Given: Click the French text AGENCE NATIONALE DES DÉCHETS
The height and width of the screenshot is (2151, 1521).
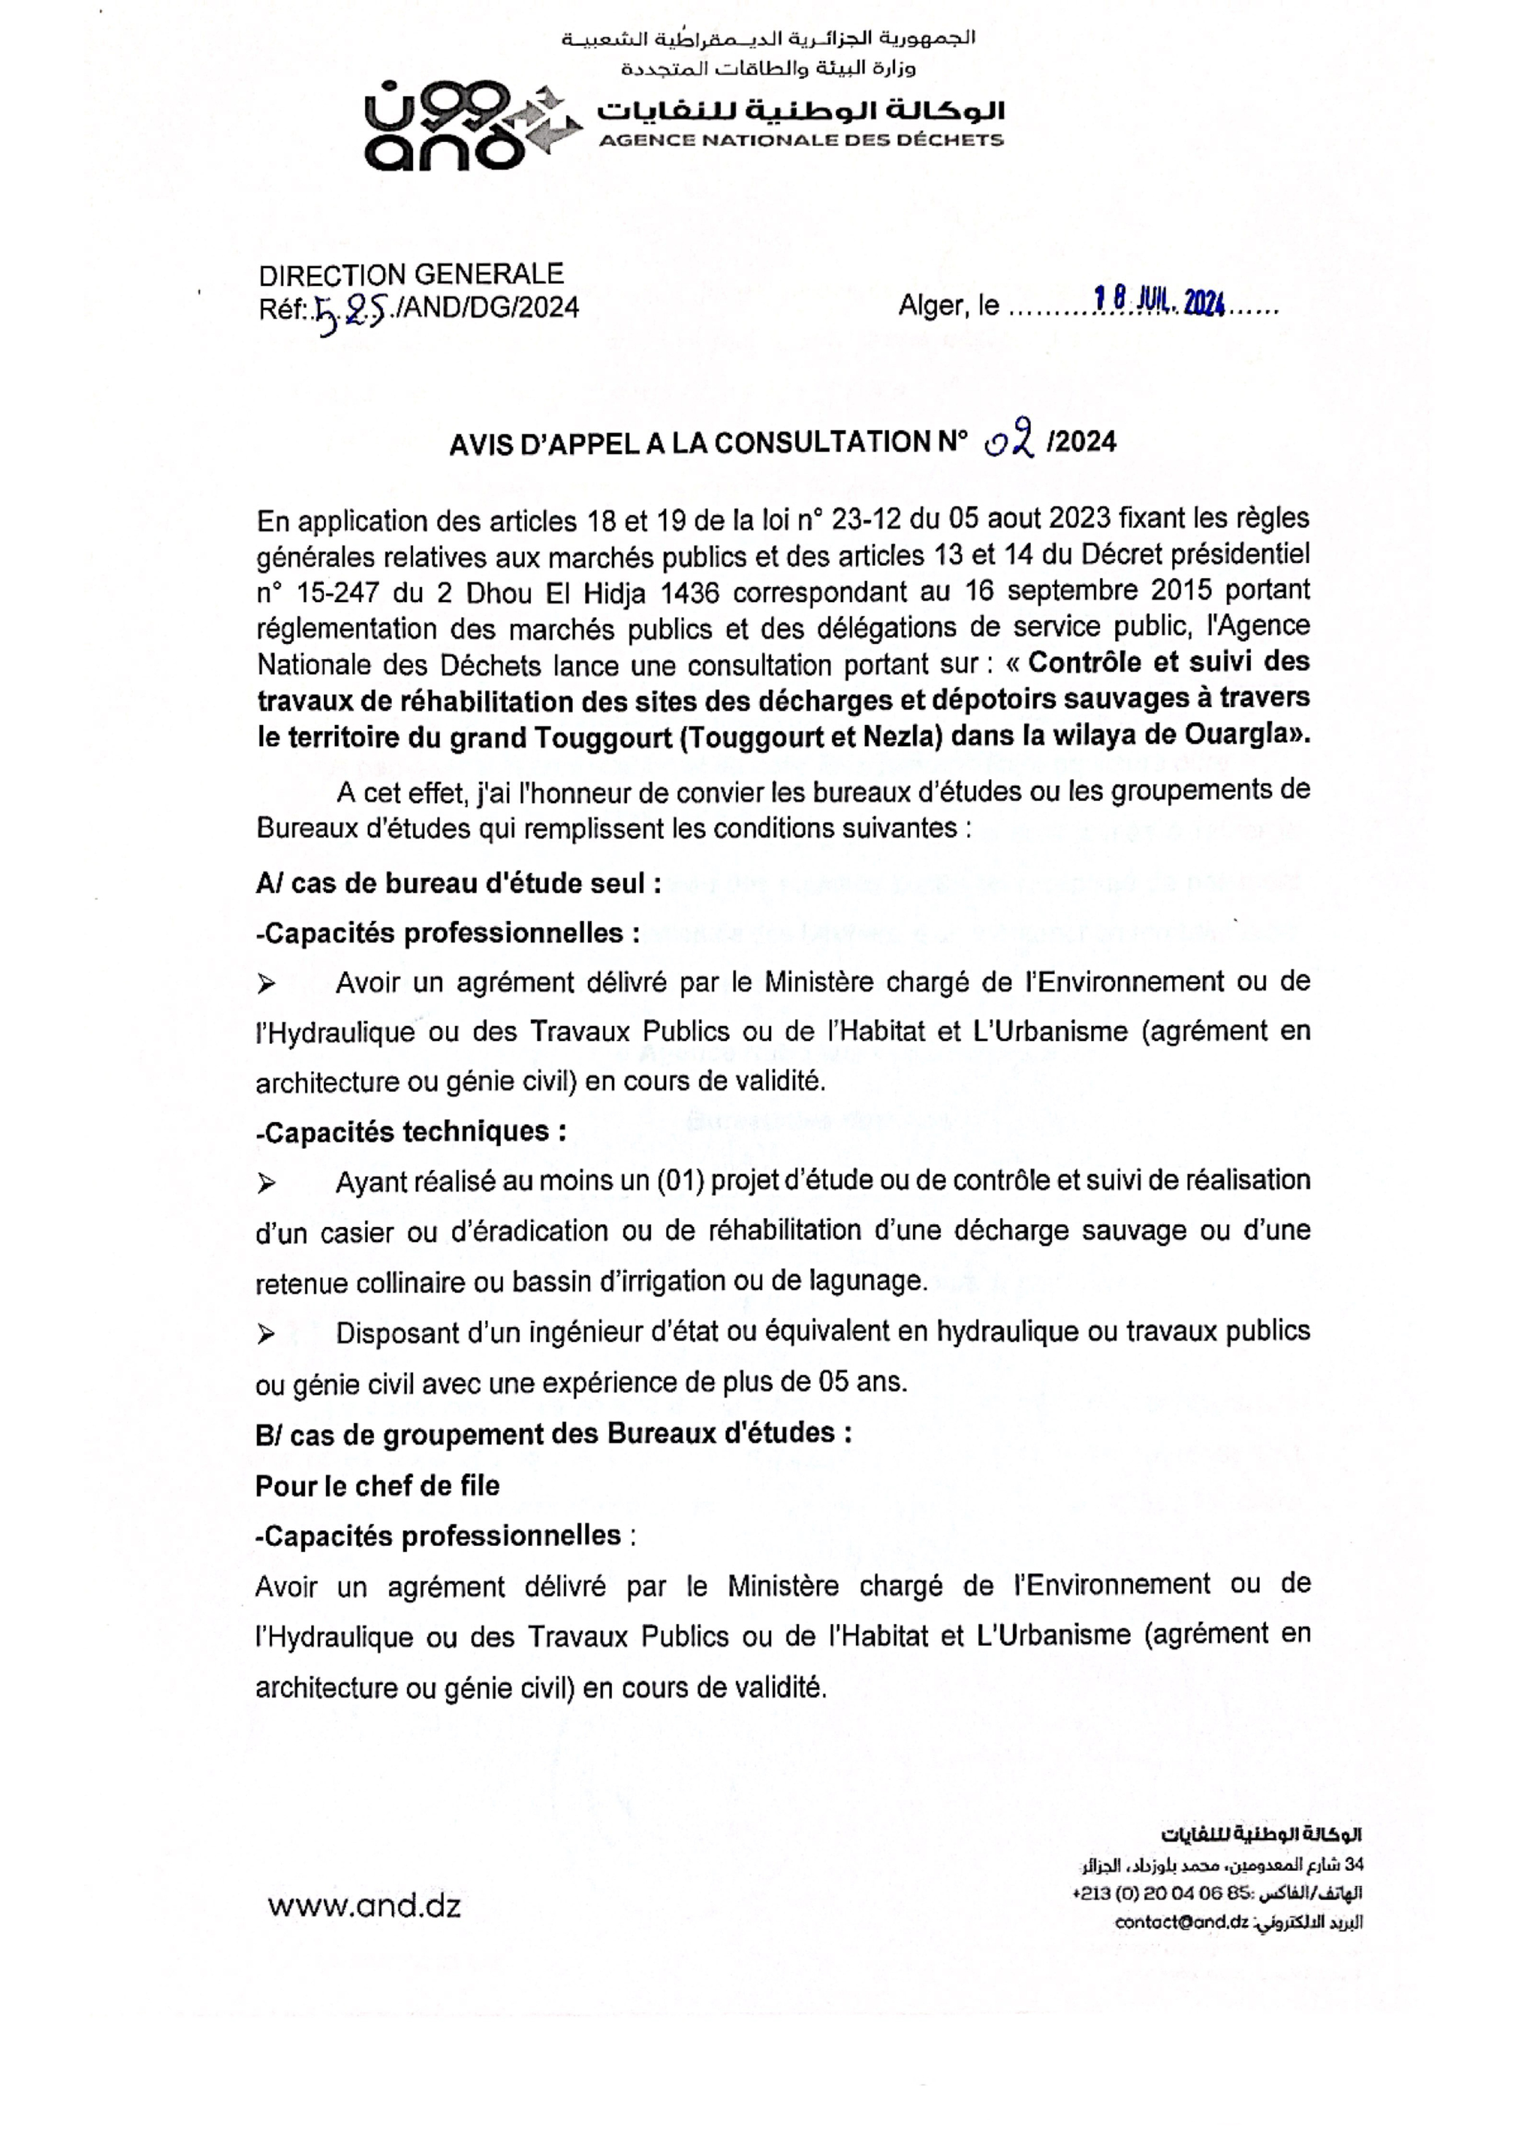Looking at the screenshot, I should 800,140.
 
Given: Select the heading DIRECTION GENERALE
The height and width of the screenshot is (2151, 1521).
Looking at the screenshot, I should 410,275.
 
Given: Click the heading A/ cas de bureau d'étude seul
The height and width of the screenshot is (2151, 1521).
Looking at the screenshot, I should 458,883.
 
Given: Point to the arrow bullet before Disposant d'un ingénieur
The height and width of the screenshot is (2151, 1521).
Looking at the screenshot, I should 266,1333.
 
